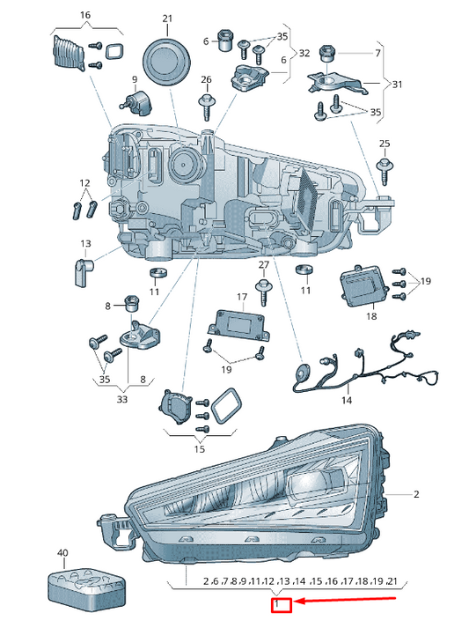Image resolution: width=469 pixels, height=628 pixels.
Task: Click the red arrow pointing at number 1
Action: point(345,601)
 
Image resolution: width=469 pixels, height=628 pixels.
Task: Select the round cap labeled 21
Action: point(166,61)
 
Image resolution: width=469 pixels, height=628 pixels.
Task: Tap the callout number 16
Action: point(85,15)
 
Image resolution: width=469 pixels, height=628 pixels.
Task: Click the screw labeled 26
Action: point(207,107)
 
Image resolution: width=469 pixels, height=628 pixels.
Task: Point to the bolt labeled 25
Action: point(385,171)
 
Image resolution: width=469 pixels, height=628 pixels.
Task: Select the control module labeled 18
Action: point(363,287)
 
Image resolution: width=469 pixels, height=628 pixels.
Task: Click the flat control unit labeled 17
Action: point(238,325)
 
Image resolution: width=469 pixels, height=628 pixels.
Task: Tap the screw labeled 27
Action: point(263,292)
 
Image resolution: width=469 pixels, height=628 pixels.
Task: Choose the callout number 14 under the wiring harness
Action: point(347,400)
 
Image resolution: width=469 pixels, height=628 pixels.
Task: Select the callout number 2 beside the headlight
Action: point(416,494)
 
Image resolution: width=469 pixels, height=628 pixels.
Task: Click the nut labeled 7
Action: point(327,54)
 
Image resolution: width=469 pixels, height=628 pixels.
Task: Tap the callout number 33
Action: point(122,399)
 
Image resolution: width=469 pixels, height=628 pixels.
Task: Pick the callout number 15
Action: point(200,449)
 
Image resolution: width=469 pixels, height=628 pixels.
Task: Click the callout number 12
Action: point(84,183)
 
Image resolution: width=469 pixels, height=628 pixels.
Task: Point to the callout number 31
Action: point(397,84)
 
